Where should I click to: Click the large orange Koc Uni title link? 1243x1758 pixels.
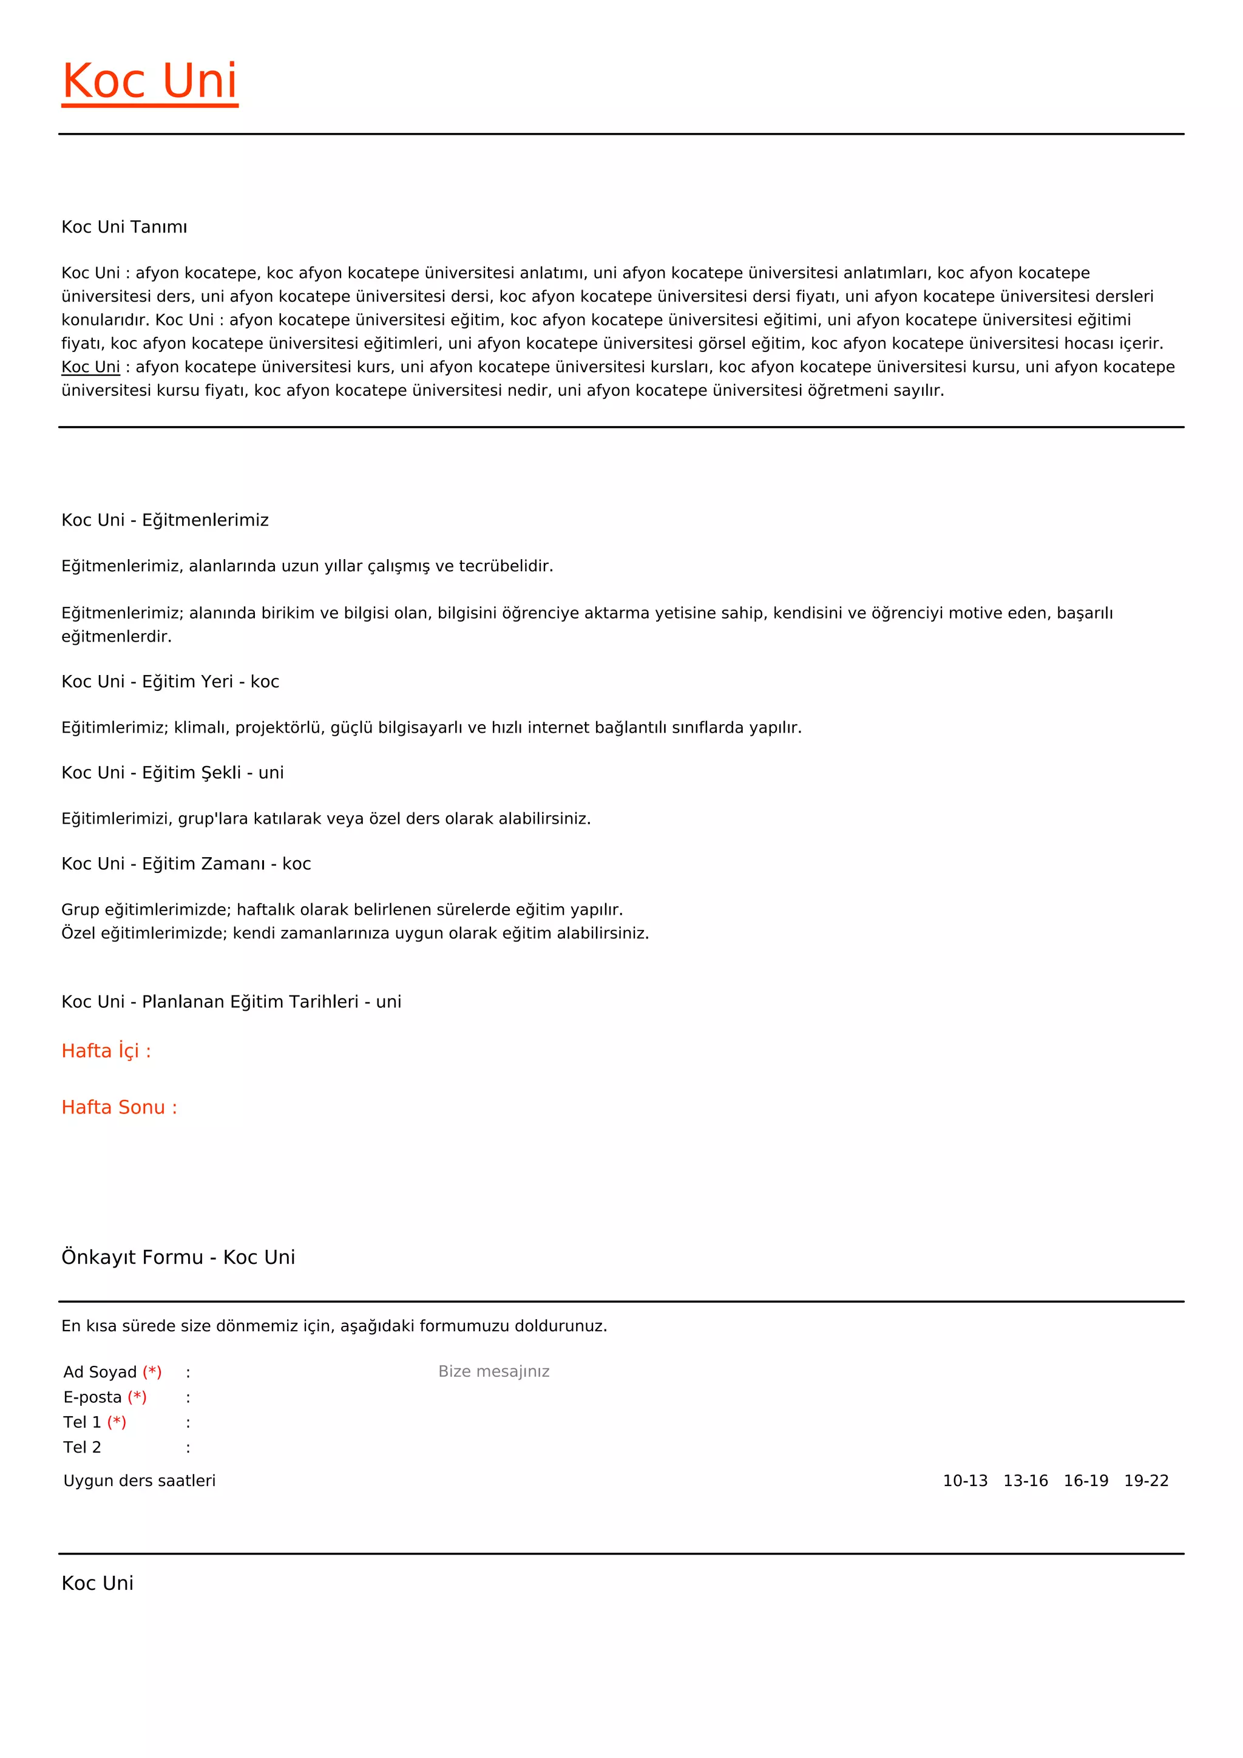click(x=149, y=81)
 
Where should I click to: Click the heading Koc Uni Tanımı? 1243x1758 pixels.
click(x=124, y=226)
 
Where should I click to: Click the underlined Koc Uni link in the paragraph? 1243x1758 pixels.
click(x=90, y=367)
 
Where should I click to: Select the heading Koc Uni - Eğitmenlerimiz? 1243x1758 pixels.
click(x=164, y=520)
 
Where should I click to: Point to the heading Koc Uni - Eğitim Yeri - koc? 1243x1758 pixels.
click(x=170, y=682)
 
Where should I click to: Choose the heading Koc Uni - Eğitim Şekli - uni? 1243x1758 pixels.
click(x=172, y=773)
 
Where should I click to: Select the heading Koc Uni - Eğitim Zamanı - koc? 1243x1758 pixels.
click(x=186, y=864)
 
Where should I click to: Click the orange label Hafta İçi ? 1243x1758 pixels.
click(x=106, y=1051)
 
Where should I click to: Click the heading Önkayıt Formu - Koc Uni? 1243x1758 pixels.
click(x=178, y=1257)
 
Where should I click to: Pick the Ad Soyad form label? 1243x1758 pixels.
click(x=100, y=1372)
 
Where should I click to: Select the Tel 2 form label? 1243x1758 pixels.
click(x=82, y=1447)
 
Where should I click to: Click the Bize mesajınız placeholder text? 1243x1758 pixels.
click(x=493, y=1371)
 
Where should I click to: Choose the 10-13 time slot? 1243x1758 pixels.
click(x=964, y=1481)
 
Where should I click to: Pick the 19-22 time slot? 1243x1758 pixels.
click(x=1146, y=1481)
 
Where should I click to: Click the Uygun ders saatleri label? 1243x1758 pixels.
click(x=140, y=1481)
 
